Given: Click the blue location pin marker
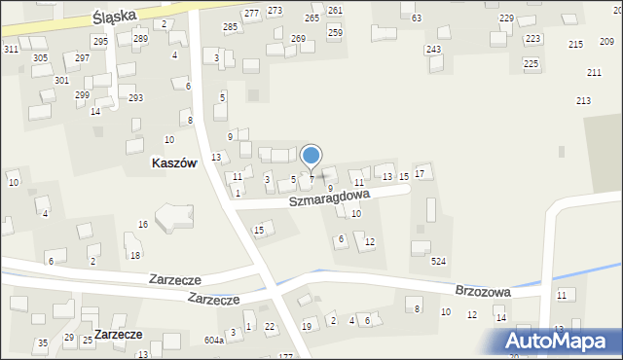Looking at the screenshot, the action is (311, 156).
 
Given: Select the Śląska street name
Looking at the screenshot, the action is (112, 18).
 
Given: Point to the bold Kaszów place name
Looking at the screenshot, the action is (174, 163).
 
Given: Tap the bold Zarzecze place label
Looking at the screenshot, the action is (118, 334).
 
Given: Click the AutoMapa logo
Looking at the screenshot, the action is (559, 340).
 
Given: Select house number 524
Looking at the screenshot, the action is (439, 262).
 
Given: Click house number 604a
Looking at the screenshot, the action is (214, 341).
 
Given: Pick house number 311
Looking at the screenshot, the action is (11, 49).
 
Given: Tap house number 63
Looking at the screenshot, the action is (417, 18).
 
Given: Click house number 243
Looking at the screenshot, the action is (433, 50).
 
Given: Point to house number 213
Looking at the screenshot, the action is (583, 101).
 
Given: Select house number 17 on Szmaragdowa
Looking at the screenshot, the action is (420, 173).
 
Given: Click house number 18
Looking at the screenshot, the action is (135, 255).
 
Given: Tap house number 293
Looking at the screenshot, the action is (136, 98).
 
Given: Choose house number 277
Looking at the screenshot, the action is (251, 14).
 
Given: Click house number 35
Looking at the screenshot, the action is (42, 343).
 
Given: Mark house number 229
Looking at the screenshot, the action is (506, 18).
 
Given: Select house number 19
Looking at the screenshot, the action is (307, 326).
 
